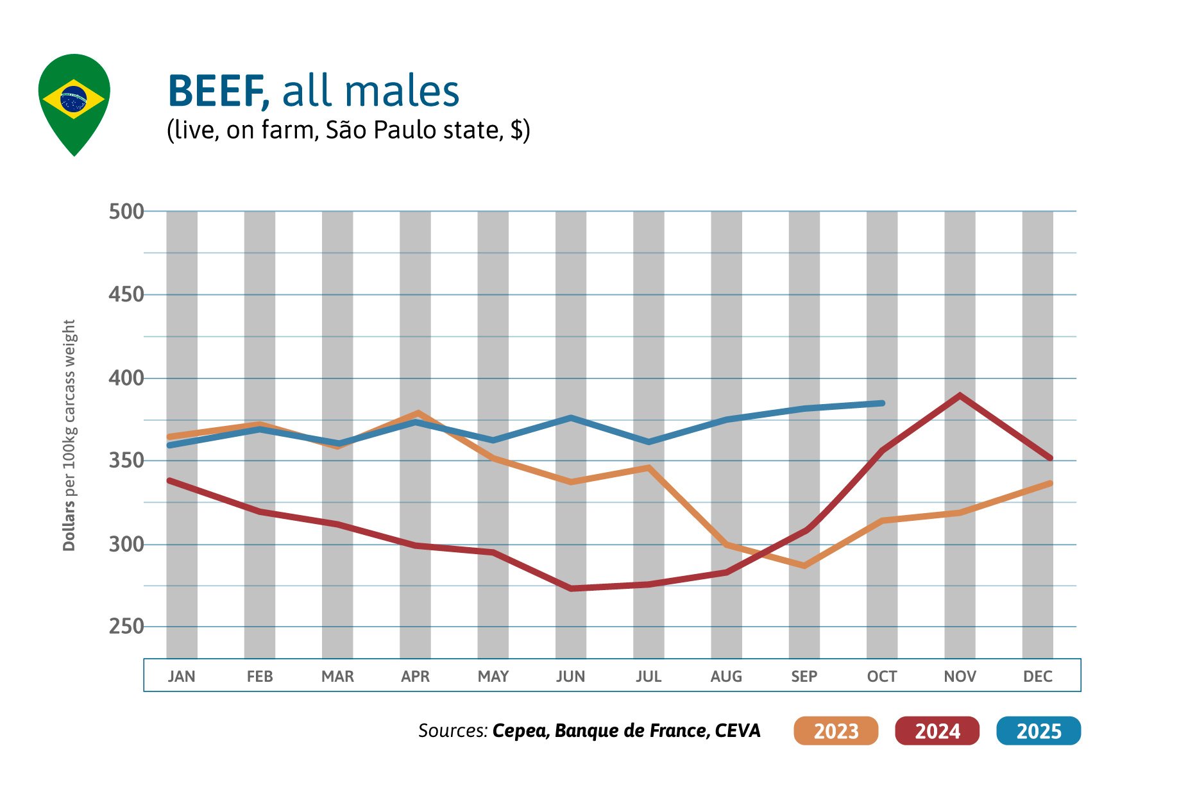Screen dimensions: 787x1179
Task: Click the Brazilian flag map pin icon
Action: [74, 103]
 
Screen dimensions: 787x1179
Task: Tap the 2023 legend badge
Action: [836, 731]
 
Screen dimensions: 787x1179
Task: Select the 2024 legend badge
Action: [937, 731]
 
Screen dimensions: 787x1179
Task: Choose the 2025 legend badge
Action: [1039, 731]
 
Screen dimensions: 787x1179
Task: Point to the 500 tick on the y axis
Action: [126, 211]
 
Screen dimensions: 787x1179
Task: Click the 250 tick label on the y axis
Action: [126, 626]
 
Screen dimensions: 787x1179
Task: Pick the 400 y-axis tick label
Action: [126, 378]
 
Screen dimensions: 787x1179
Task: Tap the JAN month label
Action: [182, 676]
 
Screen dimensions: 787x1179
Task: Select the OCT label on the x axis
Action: [882, 676]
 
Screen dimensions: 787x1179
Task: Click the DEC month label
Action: [1037, 676]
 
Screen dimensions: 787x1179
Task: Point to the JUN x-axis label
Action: [570, 676]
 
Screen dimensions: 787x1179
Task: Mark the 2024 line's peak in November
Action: [960, 395]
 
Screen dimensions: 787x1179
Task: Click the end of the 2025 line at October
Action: [882, 403]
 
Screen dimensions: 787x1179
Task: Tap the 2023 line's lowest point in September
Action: [804, 566]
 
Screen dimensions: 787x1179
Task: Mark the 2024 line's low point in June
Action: [571, 588]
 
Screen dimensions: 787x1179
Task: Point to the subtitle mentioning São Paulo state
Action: [348, 130]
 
